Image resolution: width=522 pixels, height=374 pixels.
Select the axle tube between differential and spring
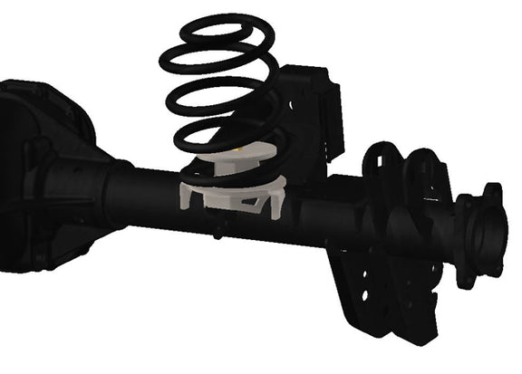(150, 195)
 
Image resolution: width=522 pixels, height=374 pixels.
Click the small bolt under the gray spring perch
(217, 233)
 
